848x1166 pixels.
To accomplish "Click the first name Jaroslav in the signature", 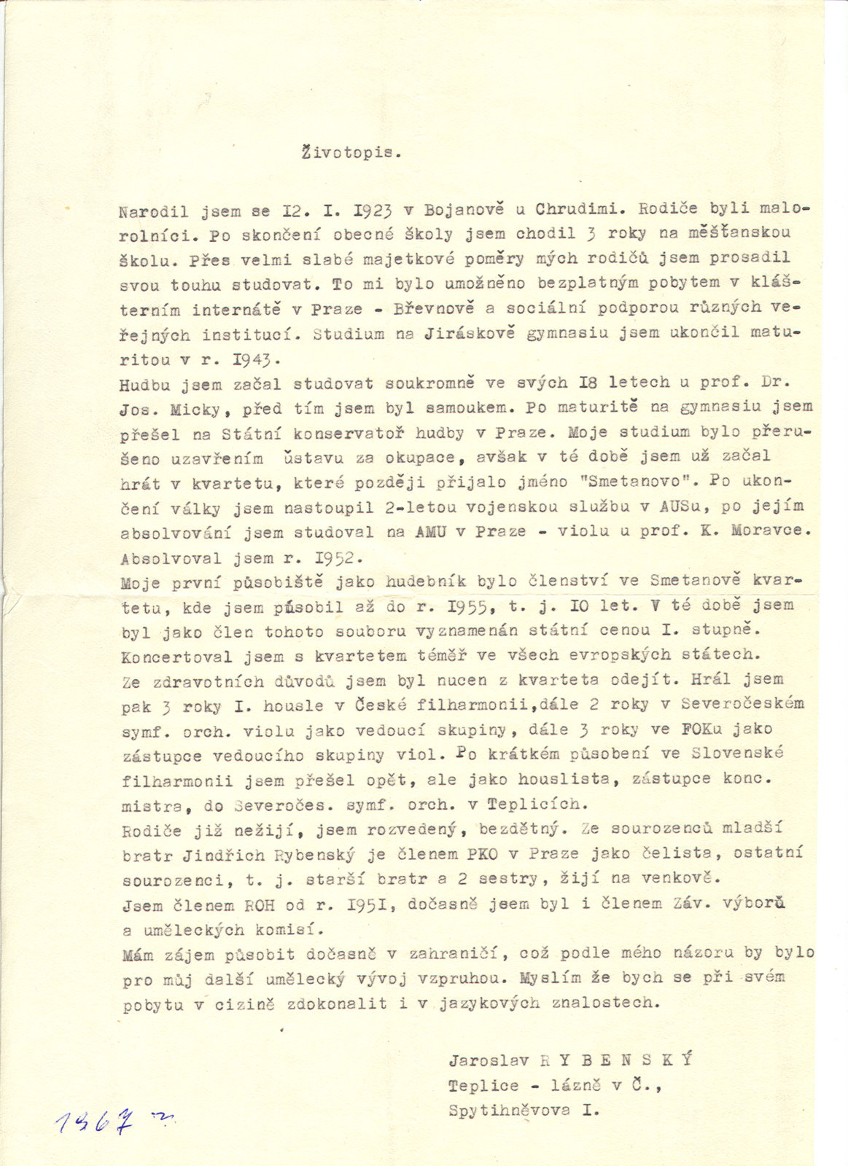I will tap(489, 1060).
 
